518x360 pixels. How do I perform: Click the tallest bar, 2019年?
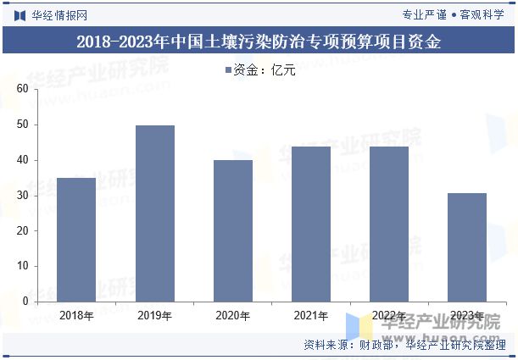click(154, 213)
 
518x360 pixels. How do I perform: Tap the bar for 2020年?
click(232, 230)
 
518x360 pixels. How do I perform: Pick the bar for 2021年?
click(310, 224)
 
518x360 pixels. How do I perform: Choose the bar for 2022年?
click(388, 224)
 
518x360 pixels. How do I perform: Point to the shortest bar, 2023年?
click(466, 246)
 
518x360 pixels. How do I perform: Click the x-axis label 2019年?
click(154, 316)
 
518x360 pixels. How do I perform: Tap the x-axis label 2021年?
click(310, 316)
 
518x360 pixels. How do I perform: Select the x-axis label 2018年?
click(76, 316)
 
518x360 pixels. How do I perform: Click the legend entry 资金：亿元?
click(259, 70)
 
